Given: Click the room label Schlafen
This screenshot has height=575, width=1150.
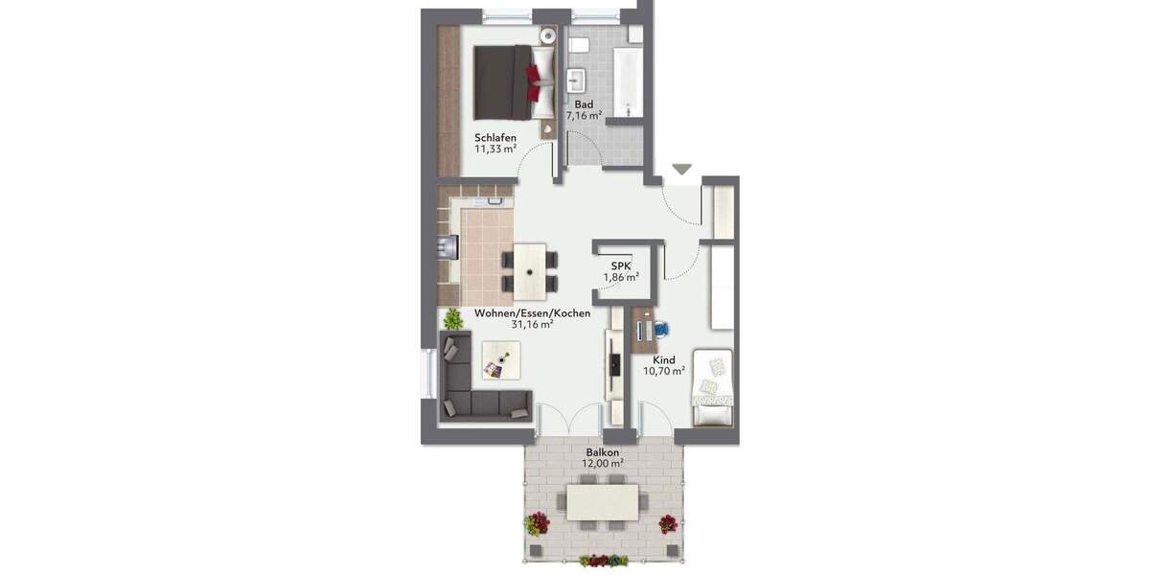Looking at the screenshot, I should click(x=495, y=137).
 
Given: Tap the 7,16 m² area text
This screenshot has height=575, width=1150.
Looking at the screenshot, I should click(x=584, y=115).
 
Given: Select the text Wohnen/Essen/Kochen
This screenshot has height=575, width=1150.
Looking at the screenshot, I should click(x=532, y=312).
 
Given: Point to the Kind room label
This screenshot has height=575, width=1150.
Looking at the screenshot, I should click(x=664, y=360).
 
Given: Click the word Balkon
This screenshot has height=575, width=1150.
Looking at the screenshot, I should click(x=602, y=451).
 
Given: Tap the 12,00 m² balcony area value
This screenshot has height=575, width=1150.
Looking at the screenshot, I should click(x=602, y=463).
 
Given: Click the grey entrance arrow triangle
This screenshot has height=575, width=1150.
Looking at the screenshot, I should click(x=681, y=170).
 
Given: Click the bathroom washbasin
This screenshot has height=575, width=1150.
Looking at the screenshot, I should click(x=577, y=80).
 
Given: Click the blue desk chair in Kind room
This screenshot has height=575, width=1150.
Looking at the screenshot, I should click(x=662, y=329).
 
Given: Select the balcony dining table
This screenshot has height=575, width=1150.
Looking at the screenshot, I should click(x=604, y=501).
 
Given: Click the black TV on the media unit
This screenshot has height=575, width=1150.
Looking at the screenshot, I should click(x=612, y=364).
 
